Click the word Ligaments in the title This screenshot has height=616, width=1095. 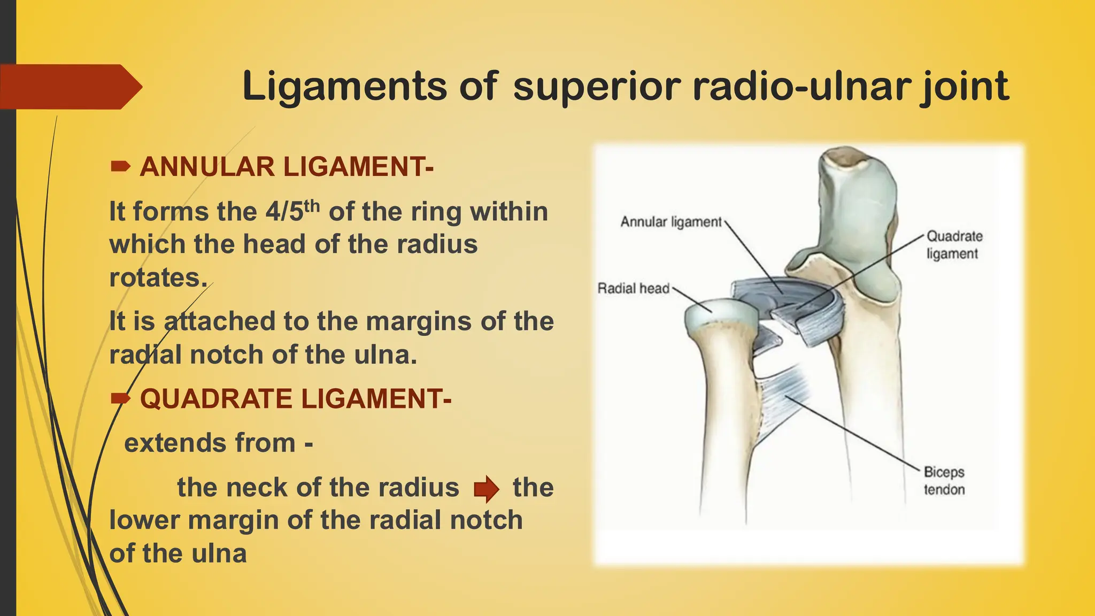coord(344,86)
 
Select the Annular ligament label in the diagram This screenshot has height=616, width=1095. coord(671,222)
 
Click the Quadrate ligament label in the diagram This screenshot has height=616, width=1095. coord(954,245)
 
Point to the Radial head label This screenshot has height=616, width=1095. coord(633,289)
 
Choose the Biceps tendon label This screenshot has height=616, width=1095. coord(944,481)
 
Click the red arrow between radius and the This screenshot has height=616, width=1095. coord(486,488)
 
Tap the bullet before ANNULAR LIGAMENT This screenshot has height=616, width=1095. coord(120,167)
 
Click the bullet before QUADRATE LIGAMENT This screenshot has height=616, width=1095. coord(120,399)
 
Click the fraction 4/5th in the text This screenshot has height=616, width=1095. coord(292,211)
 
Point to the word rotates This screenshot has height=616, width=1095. coord(158,278)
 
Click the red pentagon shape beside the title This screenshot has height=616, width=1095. coord(70,87)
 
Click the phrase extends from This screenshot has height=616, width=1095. coord(210,443)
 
